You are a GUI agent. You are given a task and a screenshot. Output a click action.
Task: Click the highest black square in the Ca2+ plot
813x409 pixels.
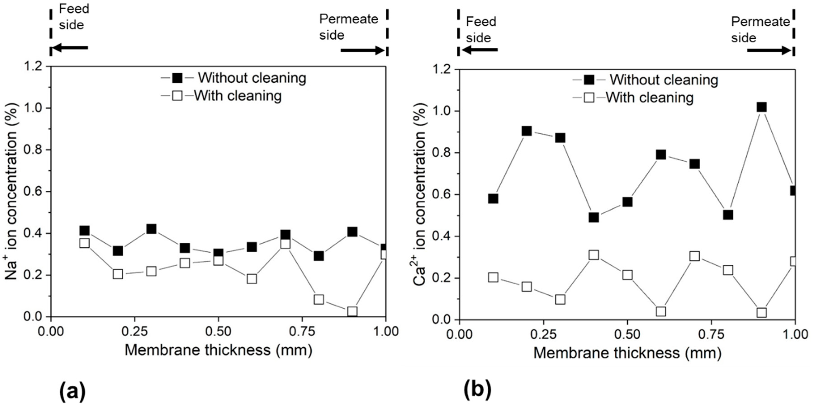pos(762,107)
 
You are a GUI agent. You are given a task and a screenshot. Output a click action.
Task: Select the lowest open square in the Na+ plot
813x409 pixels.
pos(352,311)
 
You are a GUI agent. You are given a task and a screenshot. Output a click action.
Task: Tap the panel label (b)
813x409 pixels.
pos(478,389)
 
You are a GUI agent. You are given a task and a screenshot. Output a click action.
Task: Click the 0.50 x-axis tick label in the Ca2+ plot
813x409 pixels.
pos(627,334)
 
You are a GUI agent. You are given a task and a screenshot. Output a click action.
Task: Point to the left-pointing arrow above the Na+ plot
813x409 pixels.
pos(69,48)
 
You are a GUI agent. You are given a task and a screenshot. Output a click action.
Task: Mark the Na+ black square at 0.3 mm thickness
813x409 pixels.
pos(152,229)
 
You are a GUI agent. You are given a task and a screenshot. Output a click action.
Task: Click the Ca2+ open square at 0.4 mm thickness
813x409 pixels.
pos(594,255)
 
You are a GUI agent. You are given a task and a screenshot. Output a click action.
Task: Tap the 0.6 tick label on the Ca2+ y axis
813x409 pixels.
pos(442,195)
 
